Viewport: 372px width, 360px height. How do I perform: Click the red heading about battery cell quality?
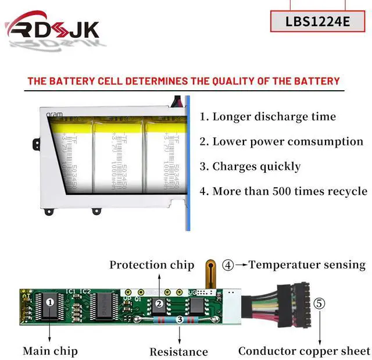tap(184, 81)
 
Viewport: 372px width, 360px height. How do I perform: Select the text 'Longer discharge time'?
tap(267, 116)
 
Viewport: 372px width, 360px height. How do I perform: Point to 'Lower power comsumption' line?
tap(281, 141)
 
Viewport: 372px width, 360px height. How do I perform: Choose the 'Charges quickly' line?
tap(250, 166)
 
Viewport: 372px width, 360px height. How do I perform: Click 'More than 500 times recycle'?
tap(283, 191)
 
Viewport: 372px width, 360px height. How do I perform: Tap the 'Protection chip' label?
tap(152, 265)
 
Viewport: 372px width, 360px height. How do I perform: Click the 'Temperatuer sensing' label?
tap(307, 265)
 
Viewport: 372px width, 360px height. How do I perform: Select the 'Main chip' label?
tap(50, 351)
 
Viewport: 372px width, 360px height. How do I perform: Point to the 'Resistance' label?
tap(178, 351)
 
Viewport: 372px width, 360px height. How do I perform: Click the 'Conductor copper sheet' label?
tap(304, 351)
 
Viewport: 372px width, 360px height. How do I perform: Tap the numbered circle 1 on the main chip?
tap(50, 302)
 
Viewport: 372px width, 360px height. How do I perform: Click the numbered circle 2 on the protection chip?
tap(158, 304)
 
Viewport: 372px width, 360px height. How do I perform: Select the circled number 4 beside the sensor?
tap(228, 265)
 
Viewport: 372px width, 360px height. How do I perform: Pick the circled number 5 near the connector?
tap(320, 303)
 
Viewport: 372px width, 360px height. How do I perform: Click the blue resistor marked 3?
tap(180, 319)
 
